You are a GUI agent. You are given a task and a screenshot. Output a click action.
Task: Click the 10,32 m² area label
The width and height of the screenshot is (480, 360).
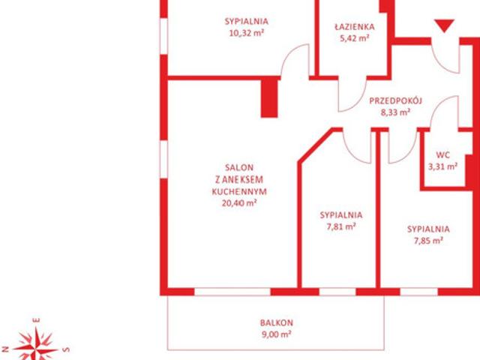pos(247,33)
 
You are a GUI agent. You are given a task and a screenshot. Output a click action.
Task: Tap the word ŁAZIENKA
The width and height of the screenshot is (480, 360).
pos(355,27)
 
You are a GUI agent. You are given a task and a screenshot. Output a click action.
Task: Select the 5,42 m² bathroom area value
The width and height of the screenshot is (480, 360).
pos(355,38)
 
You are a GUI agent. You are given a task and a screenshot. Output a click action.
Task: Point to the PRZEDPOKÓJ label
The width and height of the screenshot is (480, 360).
pos(395,100)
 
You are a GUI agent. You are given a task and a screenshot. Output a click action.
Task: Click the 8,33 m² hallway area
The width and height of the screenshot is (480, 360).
pos(395,112)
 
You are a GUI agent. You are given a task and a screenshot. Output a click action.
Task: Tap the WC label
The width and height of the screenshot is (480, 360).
pos(443,155)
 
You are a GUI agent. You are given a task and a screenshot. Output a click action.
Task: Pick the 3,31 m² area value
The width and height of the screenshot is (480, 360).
pos(443,166)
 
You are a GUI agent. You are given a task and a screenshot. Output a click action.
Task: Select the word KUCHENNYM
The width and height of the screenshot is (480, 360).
pos(239,192)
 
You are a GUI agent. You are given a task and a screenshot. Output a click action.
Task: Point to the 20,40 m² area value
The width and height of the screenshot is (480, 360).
pos(239,203)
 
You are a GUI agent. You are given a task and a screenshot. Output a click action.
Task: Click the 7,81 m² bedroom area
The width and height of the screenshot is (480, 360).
pos(341,226)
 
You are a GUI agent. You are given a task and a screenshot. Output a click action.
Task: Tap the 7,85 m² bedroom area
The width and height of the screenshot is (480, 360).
pos(428,241)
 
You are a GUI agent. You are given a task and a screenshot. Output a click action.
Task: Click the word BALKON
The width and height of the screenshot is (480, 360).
pos(277,322)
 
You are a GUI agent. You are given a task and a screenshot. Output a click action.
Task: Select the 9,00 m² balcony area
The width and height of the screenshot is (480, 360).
pos(277,334)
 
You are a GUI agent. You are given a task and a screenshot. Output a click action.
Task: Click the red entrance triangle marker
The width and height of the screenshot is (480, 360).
pos(444,25)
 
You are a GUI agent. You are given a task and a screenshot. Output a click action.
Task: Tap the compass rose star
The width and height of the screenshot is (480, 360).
pos(36,345)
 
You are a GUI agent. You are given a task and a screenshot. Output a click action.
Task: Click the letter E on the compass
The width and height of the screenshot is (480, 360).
pos(37,320)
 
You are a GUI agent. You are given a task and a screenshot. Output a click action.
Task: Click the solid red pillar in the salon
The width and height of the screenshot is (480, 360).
pos(269,98)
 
